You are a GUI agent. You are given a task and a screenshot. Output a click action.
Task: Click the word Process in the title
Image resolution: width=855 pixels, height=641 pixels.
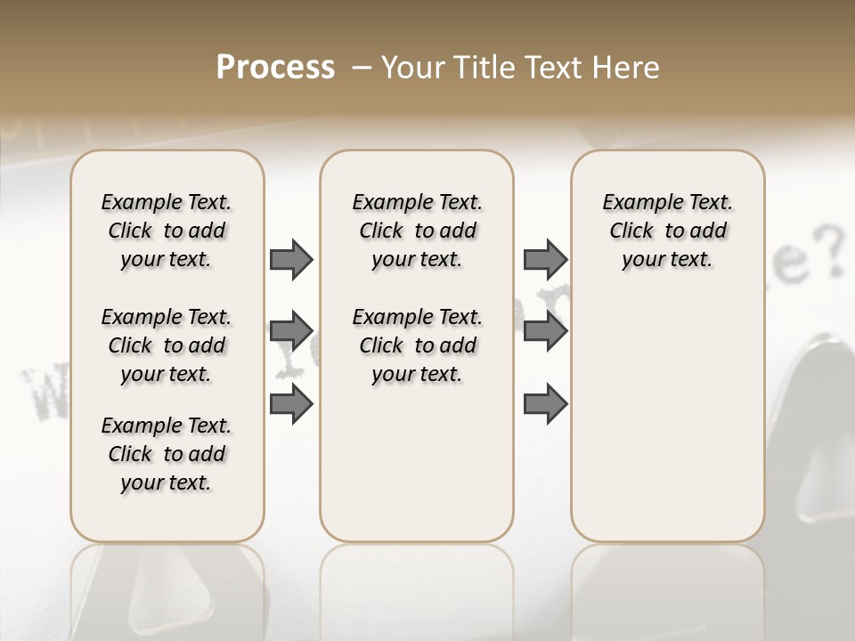275,68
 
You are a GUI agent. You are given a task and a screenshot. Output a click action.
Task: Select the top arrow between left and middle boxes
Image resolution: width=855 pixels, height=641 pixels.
291,259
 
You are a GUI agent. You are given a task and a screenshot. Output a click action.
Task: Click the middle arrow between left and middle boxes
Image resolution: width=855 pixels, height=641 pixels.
291,331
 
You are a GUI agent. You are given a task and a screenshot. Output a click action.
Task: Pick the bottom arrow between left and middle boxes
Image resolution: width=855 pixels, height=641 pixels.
291,403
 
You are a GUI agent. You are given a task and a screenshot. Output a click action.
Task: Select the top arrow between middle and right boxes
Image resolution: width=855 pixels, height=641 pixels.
545,259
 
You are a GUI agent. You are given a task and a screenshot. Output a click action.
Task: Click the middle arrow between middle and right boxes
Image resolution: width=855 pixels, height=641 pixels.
545,331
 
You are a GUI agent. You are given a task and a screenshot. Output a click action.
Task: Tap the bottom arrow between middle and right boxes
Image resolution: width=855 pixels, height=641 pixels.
545,403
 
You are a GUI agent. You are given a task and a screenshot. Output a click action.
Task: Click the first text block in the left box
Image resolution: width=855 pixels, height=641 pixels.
167,231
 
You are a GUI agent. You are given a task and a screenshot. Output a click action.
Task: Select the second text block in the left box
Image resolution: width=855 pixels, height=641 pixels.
167,345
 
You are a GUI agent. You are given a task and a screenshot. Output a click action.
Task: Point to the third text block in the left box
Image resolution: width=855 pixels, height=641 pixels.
167,454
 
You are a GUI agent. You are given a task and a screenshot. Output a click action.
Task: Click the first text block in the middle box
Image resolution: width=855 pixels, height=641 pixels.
417,231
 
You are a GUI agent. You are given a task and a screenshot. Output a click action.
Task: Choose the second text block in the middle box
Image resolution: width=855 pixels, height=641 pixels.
417,345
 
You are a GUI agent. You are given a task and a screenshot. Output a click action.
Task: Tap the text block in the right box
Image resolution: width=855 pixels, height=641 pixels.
667,231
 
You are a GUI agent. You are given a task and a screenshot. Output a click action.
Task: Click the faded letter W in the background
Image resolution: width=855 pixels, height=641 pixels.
44,392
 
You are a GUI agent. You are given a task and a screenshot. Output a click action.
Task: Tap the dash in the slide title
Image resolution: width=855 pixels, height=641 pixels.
362,68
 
